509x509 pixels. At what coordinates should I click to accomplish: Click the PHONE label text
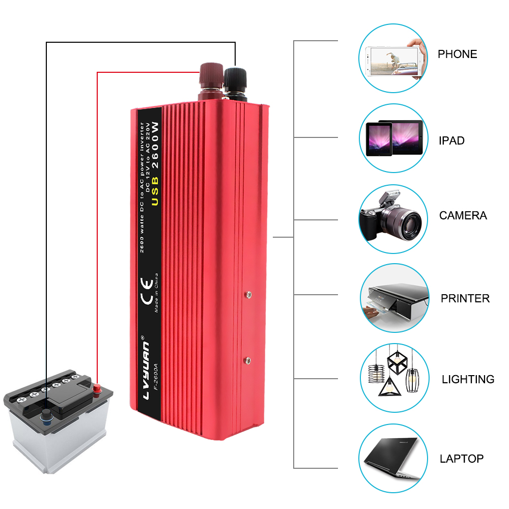coord(457,54)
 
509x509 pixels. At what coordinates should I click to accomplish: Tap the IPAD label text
coord(451,140)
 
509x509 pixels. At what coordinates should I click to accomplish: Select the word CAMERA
coord(463,215)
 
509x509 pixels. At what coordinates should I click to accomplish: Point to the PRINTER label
coord(465,298)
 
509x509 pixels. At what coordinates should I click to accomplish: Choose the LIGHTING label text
coord(468,379)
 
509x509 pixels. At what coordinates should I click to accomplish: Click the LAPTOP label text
coord(461,459)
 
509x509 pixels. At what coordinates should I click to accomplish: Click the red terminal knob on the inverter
coord(210,76)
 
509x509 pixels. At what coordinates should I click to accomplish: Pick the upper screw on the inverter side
coord(248,294)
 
